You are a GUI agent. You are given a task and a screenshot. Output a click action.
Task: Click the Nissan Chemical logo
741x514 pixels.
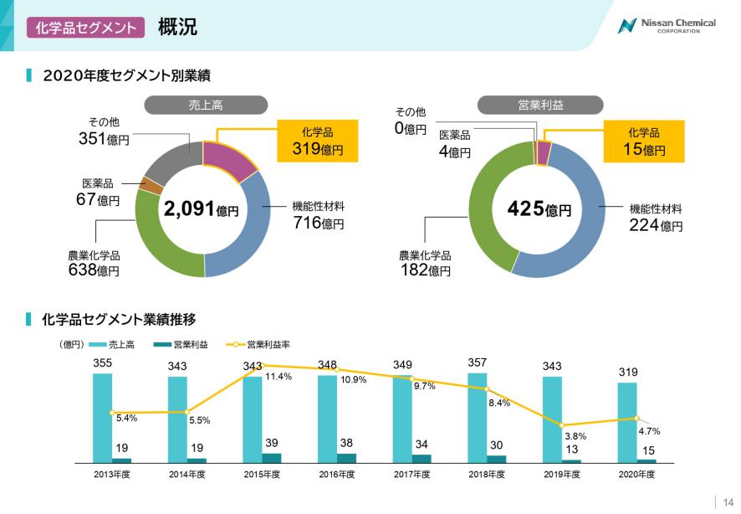pyautogui.click(x=666, y=25)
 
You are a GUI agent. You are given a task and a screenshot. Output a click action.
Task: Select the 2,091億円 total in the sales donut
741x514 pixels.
pyautogui.click(x=201, y=209)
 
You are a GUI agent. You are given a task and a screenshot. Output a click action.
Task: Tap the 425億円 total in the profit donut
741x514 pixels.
pyautogui.click(x=539, y=208)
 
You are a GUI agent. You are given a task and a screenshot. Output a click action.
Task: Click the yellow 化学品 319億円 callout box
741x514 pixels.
pyautogui.click(x=318, y=141)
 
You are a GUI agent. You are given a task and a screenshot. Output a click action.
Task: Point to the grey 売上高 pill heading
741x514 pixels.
pyautogui.click(x=205, y=105)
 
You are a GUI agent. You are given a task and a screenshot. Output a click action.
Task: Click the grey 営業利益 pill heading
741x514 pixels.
pyautogui.click(x=540, y=105)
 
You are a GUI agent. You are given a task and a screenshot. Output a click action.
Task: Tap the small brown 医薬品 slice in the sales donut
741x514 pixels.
pyautogui.click(x=150, y=185)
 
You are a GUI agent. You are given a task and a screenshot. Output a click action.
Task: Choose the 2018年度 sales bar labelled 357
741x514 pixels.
pyautogui.click(x=478, y=417)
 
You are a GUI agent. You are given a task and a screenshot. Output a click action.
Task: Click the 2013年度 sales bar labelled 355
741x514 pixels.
pyautogui.click(x=102, y=417)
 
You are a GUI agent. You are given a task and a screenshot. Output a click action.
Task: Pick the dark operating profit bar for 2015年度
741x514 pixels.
pyautogui.click(x=272, y=457)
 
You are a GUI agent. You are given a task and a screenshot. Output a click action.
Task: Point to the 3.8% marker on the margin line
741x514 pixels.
pyautogui.click(x=562, y=425)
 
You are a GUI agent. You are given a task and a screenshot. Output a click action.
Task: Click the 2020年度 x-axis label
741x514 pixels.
pyautogui.click(x=636, y=475)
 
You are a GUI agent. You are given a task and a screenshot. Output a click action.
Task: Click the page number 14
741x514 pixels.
pyautogui.click(x=728, y=501)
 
